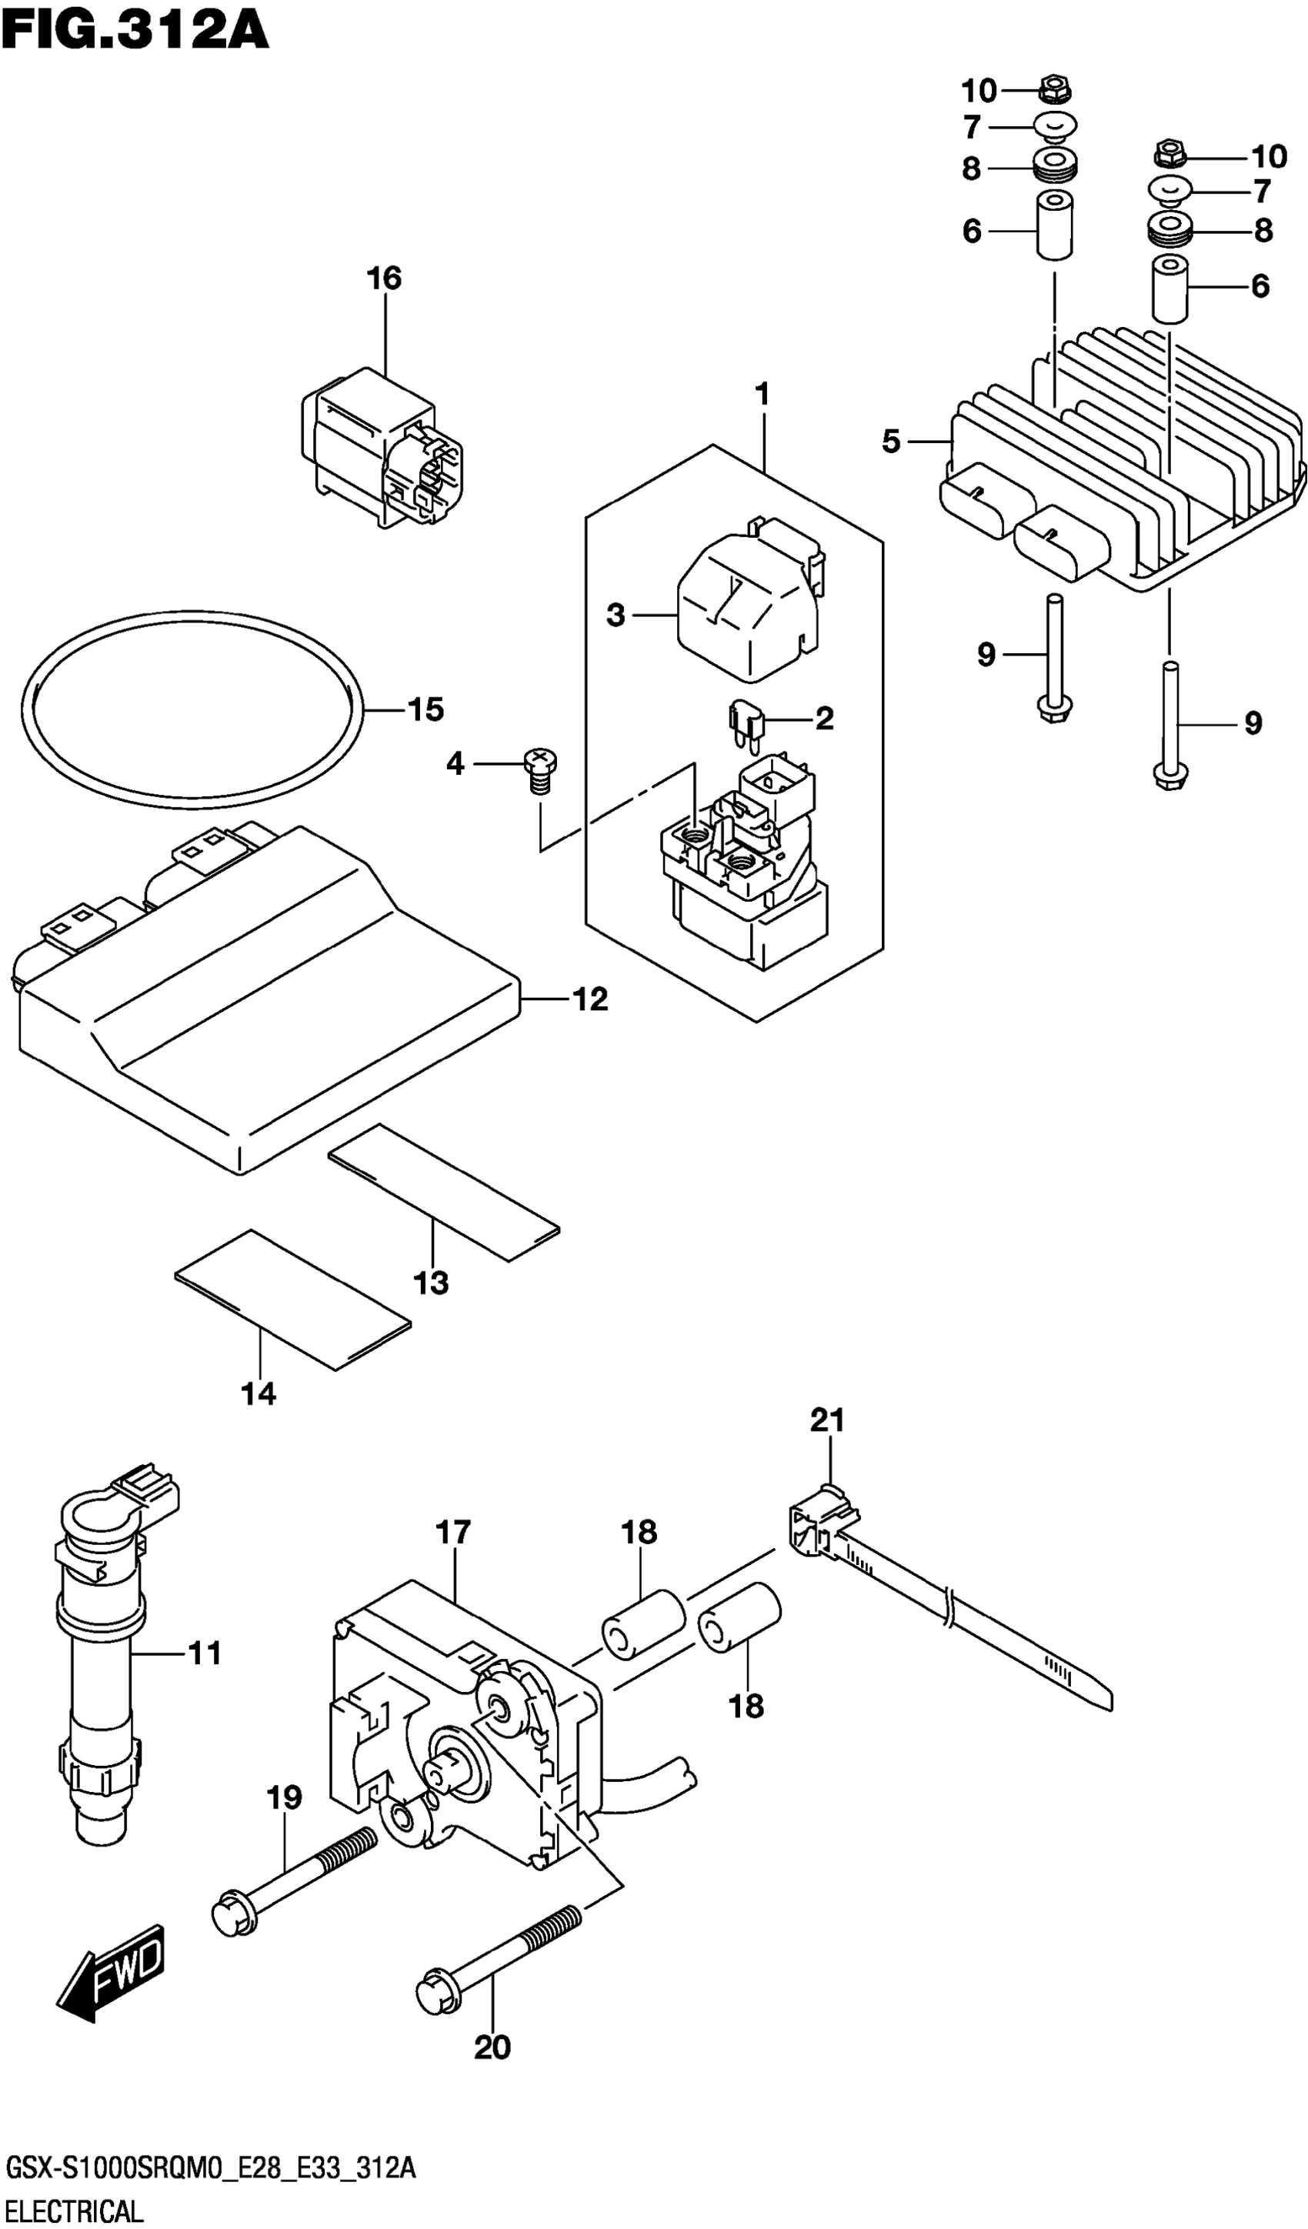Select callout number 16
pyautogui.click(x=384, y=279)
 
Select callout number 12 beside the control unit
pyautogui.click(x=590, y=999)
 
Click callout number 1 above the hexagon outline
pyautogui.click(x=762, y=394)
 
